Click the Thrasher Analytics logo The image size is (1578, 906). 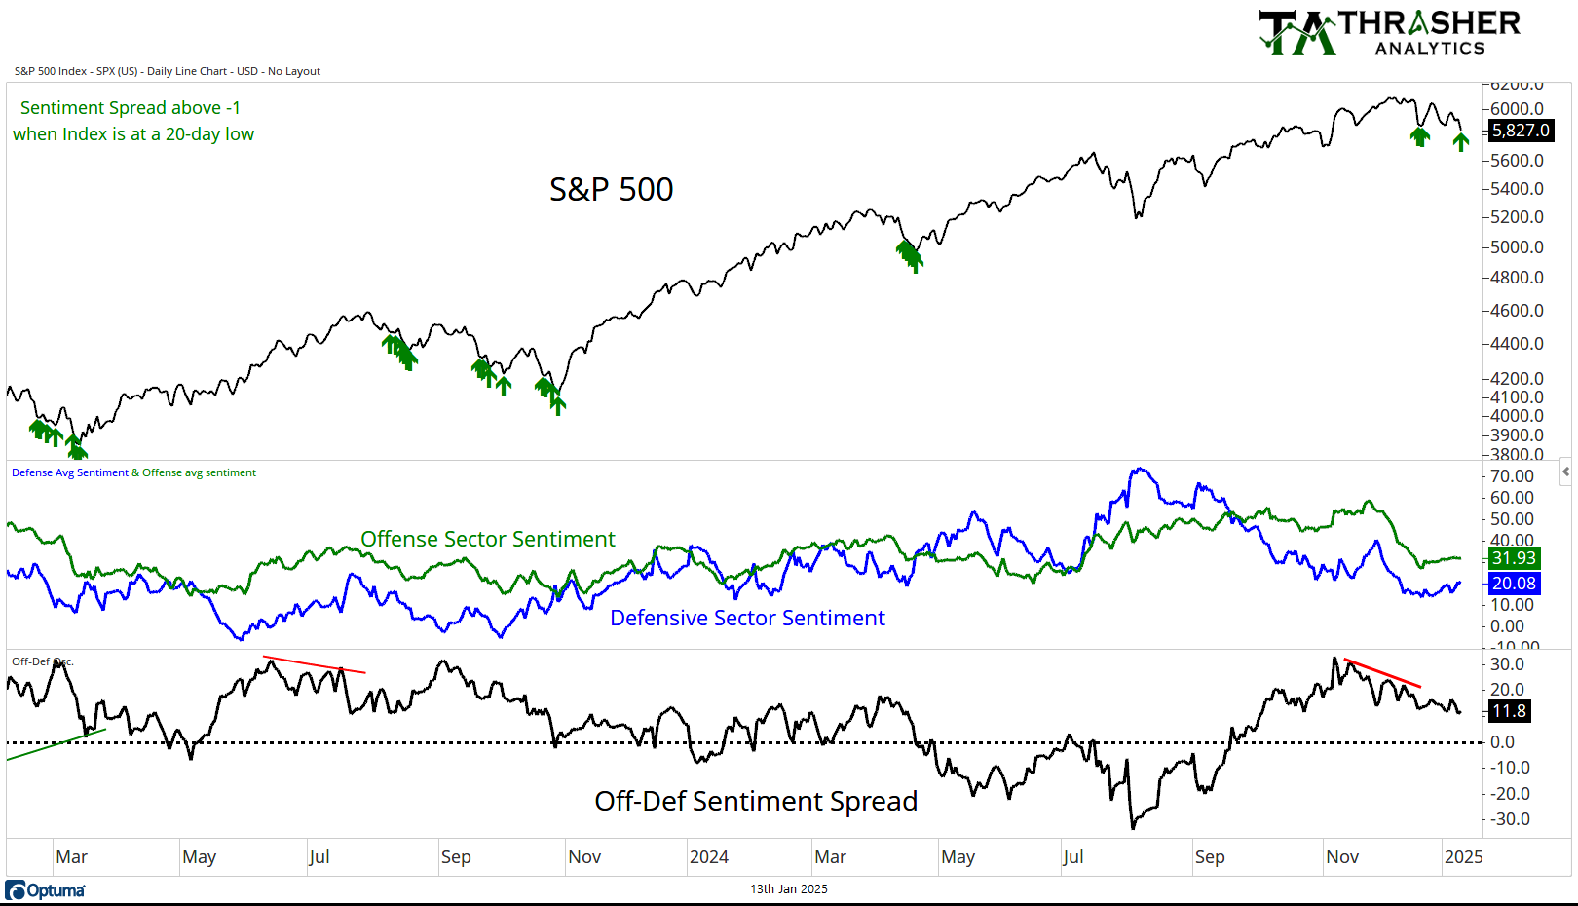pyautogui.click(x=1389, y=32)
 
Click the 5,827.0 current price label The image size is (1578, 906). pyautogui.click(x=1521, y=131)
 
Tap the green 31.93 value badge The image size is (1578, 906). pyautogui.click(x=1514, y=558)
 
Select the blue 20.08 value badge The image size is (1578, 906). pyautogui.click(x=1514, y=584)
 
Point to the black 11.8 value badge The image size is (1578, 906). pyautogui.click(x=1509, y=711)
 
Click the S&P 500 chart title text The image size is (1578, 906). pyautogui.click(x=611, y=189)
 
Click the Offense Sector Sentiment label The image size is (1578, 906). pyautogui.click(x=487, y=539)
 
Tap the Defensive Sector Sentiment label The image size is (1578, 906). pyautogui.click(x=747, y=618)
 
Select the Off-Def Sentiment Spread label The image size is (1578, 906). pyautogui.click(x=756, y=801)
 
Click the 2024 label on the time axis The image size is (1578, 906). pyautogui.click(x=708, y=857)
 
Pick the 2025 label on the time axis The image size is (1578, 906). pyautogui.click(x=1463, y=857)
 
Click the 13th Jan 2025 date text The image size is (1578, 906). pyautogui.click(x=788, y=888)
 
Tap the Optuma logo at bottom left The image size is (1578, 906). pyautogui.click(x=46, y=890)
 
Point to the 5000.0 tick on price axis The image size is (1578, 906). pyautogui.click(x=1517, y=247)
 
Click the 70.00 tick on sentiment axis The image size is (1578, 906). pyautogui.click(x=1512, y=476)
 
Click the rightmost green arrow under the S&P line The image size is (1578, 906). pyautogui.click(x=1460, y=142)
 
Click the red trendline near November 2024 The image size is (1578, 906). pyautogui.click(x=1383, y=674)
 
